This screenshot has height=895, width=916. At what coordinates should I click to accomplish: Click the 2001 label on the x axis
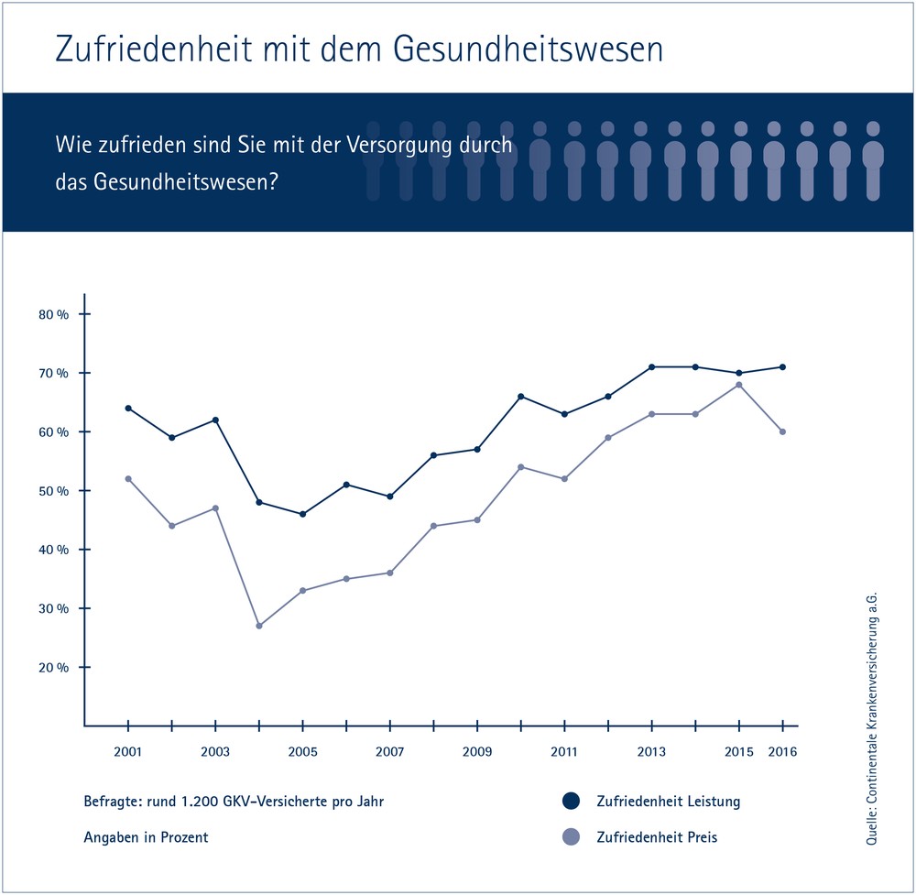click(128, 752)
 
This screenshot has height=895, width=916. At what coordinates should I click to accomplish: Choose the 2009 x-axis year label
click(477, 752)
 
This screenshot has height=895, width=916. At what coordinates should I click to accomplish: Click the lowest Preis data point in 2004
click(259, 626)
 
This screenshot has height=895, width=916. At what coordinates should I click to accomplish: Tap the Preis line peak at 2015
click(739, 385)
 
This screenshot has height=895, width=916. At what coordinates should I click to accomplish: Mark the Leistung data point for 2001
click(128, 408)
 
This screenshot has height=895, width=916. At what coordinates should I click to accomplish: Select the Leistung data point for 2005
click(303, 514)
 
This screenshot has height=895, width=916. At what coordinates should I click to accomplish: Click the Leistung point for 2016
click(782, 366)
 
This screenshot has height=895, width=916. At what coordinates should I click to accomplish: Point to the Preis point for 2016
click(782, 431)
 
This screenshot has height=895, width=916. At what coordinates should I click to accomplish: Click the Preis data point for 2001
click(128, 478)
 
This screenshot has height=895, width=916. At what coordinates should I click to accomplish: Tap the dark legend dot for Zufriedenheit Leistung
click(572, 802)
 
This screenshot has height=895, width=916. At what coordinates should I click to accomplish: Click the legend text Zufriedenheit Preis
click(657, 836)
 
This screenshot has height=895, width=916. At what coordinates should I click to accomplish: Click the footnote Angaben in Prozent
click(145, 836)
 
